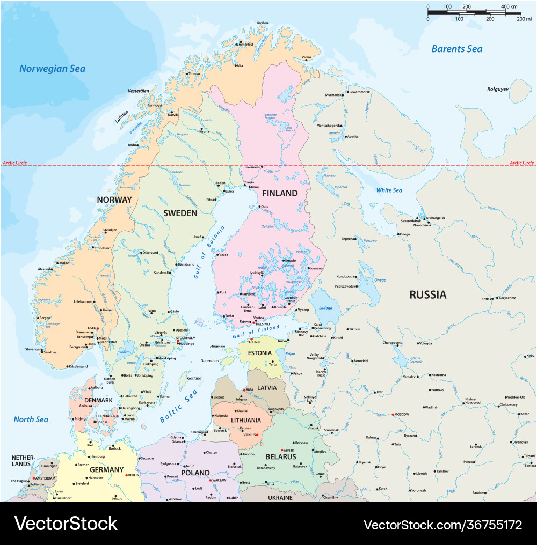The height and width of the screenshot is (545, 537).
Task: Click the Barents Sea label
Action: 456,49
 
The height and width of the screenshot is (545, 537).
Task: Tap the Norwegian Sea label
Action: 52,69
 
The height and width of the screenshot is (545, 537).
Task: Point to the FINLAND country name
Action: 279,193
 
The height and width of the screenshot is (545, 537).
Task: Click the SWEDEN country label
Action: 180,213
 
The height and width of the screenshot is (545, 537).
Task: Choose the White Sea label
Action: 389,190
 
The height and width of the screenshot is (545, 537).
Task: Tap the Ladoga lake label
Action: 325,308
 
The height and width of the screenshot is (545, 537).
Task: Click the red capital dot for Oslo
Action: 98,328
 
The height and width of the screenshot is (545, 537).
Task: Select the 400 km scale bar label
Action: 509,6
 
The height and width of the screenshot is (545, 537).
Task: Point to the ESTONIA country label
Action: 259,353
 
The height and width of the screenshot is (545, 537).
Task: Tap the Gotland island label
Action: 194,378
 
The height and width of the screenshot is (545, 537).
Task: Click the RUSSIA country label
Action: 427,294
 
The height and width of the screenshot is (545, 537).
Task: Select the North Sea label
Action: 31,419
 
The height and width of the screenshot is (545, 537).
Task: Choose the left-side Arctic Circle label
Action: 14,163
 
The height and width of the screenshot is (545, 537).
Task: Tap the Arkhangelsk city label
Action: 435,218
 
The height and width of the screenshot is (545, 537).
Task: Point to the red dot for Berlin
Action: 126,475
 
